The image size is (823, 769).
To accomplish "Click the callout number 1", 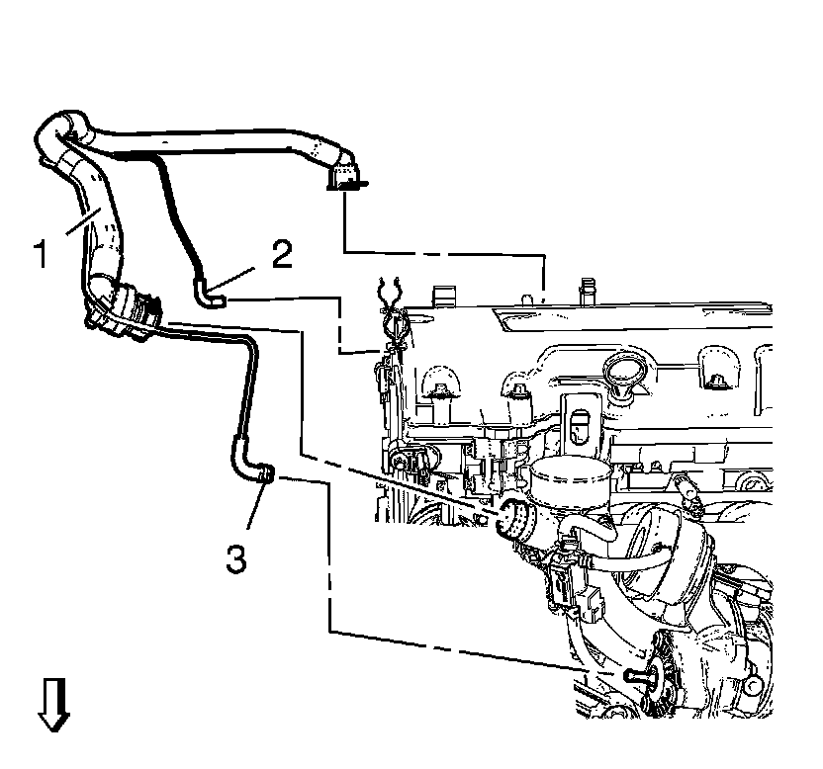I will pos(41,252).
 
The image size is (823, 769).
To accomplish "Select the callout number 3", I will pos(235,558).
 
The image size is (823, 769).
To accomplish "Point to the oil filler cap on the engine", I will pos(625,375).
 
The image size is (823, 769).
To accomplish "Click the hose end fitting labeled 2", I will pos(211,294).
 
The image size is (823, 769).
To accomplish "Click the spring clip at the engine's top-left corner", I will pos(391,297).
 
